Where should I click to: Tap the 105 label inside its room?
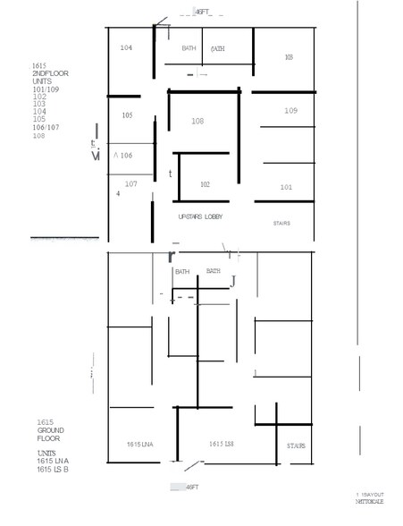coord(127,115)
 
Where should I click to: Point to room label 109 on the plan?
coord(290,111)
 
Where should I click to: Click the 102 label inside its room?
coord(205,184)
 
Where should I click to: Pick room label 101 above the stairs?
coord(286,187)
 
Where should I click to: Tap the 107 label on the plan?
coord(130,183)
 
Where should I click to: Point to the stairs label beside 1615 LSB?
coord(296,445)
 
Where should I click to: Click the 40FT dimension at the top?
coord(204,12)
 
